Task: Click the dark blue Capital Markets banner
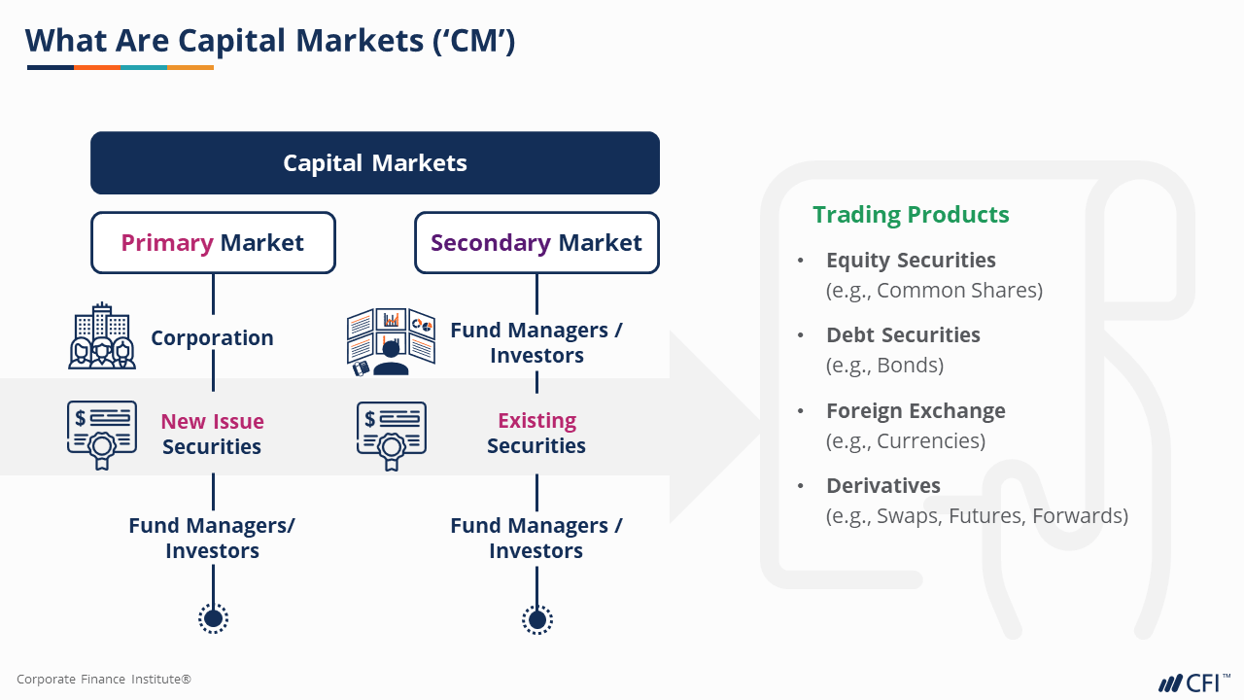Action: pyautogui.click(x=374, y=163)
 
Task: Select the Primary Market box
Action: pyautogui.click(x=213, y=242)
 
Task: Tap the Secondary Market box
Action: pyautogui.click(x=536, y=242)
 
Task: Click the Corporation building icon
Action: pyautogui.click(x=102, y=336)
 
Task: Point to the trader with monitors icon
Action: pyautogui.click(x=391, y=342)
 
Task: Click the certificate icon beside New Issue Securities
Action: pyautogui.click(x=101, y=435)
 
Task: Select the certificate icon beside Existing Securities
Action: pyautogui.click(x=391, y=435)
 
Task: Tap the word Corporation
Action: pyautogui.click(x=212, y=338)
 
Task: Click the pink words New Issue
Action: pyautogui.click(x=212, y=421)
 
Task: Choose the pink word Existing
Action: pyautogui.click(x=536, y=420)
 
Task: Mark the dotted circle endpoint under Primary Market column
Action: pyautogui.click(x=213, y=618)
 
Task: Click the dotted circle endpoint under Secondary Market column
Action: pyautogui.click(x=536, y=618)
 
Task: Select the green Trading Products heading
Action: pyautogui.click(x=911, y=215)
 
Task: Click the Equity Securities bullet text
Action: pyautogui.click(x=911, y=261)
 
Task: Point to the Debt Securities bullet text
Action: pyautogui.click(x=903, y=335)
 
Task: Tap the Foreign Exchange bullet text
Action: pyautogui.click(x=916, y=411)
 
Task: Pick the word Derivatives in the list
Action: pyautogui.click(x=883, y=486)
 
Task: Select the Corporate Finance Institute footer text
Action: pyautogui.click(x=104, y=680)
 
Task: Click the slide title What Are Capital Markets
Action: pyautogui.click(x=270, y=41)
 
